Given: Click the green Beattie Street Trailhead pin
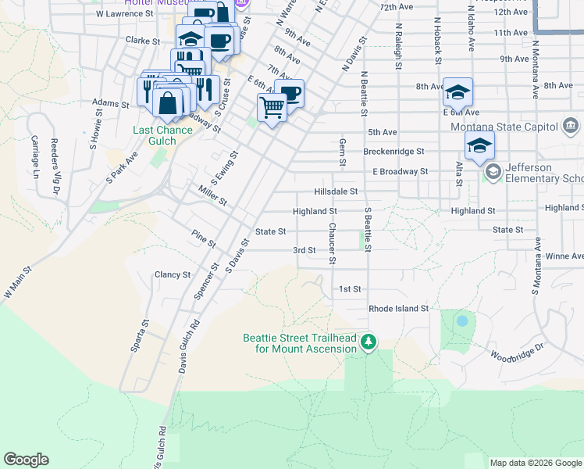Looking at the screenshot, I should point(369,342).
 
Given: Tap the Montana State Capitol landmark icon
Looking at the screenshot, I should point(570,126).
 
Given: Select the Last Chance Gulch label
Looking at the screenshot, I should point(162,130).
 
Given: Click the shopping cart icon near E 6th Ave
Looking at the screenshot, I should point(272,106).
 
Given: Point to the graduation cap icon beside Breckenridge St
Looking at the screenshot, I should point(479,145).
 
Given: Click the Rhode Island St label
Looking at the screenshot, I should point(399,309).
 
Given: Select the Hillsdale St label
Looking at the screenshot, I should point(335,191).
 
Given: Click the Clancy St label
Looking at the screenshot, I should point(173,274).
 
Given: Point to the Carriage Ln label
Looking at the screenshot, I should point(35,156).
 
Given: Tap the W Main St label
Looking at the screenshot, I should point(19,282).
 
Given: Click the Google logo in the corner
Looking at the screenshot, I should point(26,460).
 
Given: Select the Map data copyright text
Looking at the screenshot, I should point(535,463).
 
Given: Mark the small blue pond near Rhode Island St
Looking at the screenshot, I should point(462,320).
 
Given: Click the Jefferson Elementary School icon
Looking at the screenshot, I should point(493,170).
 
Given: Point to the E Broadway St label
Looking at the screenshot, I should point(401,171).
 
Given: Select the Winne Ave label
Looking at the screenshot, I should point(564,256).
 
